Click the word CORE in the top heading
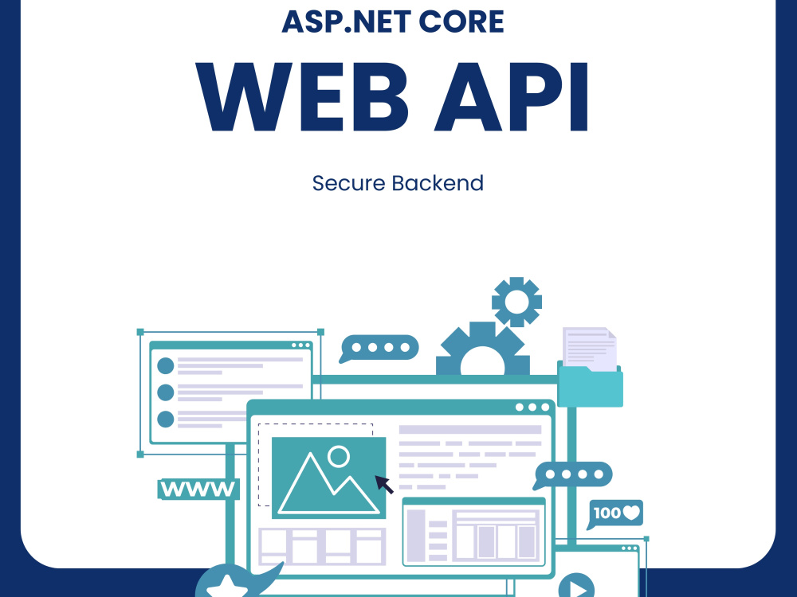(461, 21)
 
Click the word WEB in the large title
(302, 97)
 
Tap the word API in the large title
(512, 97)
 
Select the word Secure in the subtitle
(349, 183)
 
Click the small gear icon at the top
(516, 302)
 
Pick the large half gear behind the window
(483, 349)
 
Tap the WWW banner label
(198, 490)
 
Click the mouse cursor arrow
(384, 484)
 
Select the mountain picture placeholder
(329, 478)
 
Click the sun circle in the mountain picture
(339, 456)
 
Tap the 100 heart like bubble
(615, 513)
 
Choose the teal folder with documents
(590, 386)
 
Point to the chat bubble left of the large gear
(379, 349)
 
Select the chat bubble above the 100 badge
(573, 475)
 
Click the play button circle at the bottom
(576, 586)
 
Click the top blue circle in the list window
(166, 365)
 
